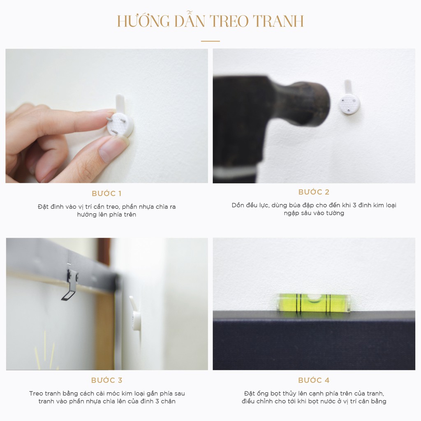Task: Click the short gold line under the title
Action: pos(210,41)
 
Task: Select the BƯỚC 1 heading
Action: pos(106,193)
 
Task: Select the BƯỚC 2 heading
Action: pos(314,192)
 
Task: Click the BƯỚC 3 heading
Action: pos(106,380)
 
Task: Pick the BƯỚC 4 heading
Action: pos(314,380)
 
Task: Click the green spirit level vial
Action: pos(313,303)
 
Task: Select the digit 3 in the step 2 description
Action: pos(354,205)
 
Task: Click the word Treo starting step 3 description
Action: pos(37,393)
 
